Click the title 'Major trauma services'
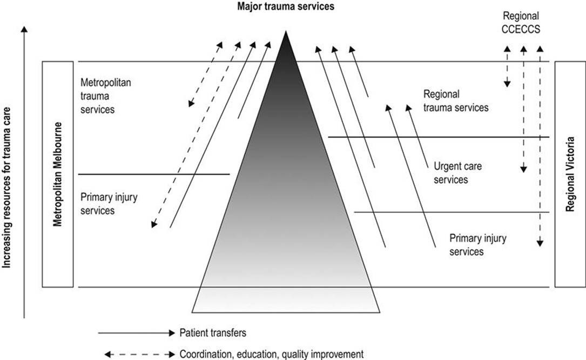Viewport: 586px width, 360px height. (x=286, y=6)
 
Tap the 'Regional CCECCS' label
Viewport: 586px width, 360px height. (x=521, y=23)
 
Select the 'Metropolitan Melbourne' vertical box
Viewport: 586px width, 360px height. (x=58, y=175)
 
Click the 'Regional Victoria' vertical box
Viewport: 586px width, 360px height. (x=570, y=175)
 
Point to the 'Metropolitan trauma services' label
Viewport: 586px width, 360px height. (x=106, y=96)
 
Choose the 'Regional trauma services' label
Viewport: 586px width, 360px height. (x=456, y=101)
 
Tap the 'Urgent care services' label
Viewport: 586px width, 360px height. (x=457, y=172)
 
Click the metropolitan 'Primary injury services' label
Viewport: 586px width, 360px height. (x=109, y=204)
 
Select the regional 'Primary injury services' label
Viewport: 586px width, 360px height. (x=477, y=245)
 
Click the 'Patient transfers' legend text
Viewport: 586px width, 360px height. (x=213, y=332)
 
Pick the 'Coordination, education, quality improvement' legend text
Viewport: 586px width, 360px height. (x=272, y=354)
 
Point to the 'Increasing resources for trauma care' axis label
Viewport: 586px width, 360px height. (x=6, y=188)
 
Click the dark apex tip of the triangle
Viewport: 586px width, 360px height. (x=286, y=31)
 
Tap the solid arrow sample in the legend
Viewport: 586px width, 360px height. (x=137, y=332)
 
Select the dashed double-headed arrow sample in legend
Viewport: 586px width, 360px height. (x=139, y=354)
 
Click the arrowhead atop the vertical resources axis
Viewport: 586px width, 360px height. (x=24, y=30)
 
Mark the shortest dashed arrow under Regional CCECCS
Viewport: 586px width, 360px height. (x=507, y=66)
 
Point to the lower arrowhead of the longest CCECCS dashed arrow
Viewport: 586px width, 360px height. (x=540, y=243)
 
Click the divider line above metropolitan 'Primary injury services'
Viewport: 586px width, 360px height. (x=154, y=174)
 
